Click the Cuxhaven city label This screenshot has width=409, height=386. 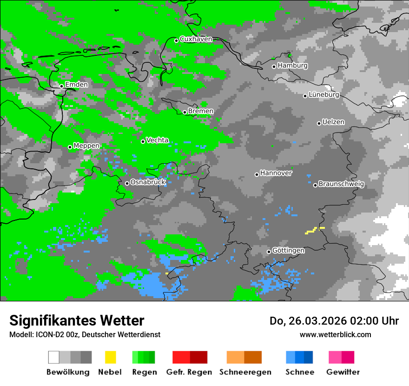point(196,39)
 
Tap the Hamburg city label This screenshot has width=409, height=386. point(292,66)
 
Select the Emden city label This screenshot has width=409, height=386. point(76,85)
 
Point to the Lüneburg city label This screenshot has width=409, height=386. point(324,94)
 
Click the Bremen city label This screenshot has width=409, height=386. point(201,111)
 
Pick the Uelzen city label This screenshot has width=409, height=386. point(333,122)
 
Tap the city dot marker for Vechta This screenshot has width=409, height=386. point(143,141)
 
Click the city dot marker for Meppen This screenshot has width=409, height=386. point(70,147)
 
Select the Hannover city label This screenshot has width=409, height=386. point(276,173)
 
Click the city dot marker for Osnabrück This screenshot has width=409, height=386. point(127,183)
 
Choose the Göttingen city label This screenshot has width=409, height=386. point(288,250)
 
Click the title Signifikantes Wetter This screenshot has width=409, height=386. point(77,320)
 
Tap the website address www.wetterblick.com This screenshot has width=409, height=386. point(335,334)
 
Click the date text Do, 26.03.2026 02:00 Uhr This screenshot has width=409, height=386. point(334,321)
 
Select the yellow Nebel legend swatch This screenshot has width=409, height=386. point(110,357)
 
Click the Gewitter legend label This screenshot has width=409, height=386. point(343,372)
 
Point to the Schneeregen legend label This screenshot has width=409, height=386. point(245,372)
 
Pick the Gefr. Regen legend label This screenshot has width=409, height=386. point(189,372)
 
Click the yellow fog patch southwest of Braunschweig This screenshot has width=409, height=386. point(312,230)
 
